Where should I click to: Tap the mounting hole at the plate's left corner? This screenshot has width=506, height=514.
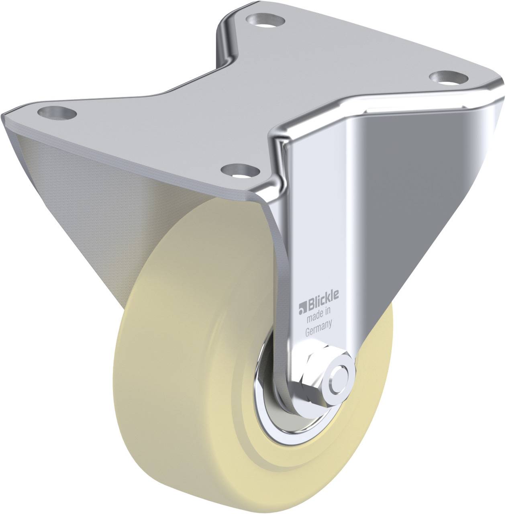point(57,112)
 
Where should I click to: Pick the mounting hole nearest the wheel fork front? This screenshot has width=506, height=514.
point(241,171)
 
